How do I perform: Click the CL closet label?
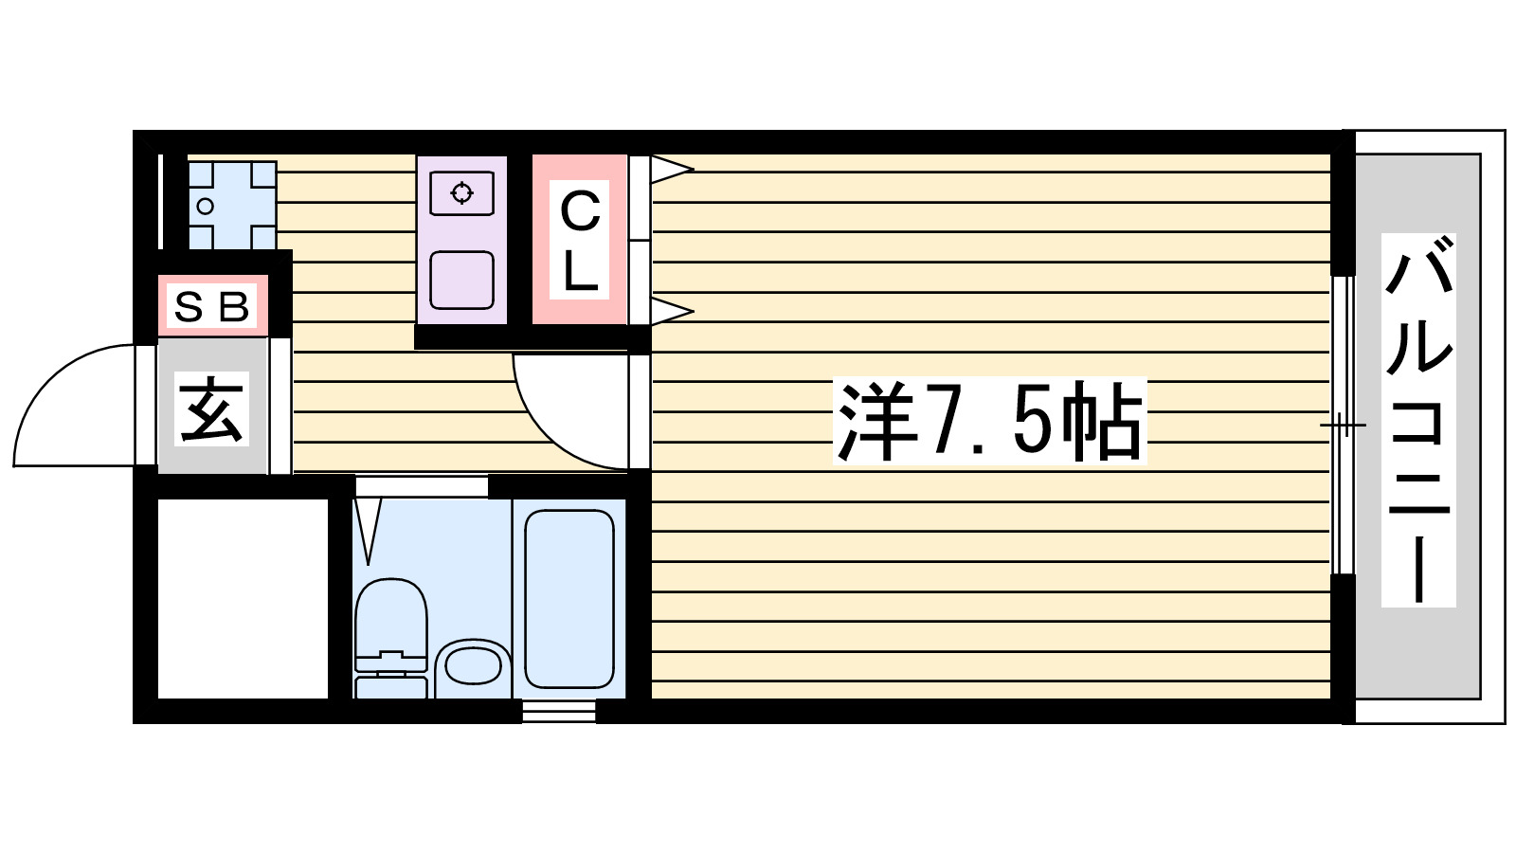[580, 241]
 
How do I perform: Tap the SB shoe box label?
[212, 306]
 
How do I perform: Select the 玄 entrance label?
[212, 409]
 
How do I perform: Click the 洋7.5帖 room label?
[989, 422]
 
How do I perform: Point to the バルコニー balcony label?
[1418, 420]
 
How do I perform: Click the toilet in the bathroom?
[390, 635]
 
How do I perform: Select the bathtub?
[568, 598]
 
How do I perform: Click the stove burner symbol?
[461, 193]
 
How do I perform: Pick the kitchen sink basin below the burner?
[461, 280]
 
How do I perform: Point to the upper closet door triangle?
[671, 171]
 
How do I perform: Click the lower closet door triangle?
[671, 311]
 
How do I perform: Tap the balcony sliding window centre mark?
[1343, 425]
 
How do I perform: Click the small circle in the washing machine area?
[205, 206]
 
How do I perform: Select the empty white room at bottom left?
[243, 598]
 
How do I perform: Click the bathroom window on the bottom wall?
[559, 711]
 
